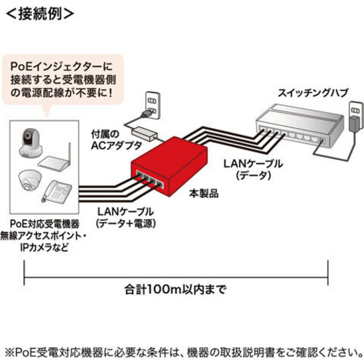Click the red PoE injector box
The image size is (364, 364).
(x=169, y=166)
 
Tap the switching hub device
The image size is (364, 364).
(x=300, y=125)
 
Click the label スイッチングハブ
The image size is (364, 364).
(x=313, y=93)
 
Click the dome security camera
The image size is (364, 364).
(x=30, y=181)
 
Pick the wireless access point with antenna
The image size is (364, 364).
(x=55, y=158)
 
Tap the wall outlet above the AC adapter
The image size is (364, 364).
(x=152, y=105)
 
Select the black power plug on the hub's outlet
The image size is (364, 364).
(x=355, y=124)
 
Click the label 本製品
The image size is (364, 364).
(x=204, y=194)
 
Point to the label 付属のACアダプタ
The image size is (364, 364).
(x=116, y=140)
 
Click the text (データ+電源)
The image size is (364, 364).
(x=126, y=223)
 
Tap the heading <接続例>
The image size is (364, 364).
(x=39, y=14)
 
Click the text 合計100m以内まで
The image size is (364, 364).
(x=175, y=289)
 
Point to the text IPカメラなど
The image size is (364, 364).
(x=44, y=248)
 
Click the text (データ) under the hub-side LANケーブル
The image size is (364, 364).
(x=253, y=175)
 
